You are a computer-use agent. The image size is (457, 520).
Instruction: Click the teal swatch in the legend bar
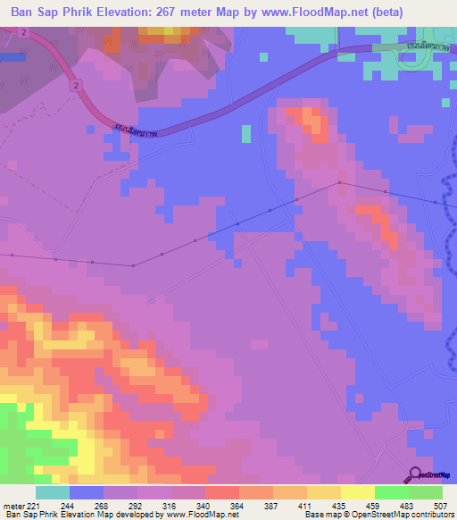tap(52, 492)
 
